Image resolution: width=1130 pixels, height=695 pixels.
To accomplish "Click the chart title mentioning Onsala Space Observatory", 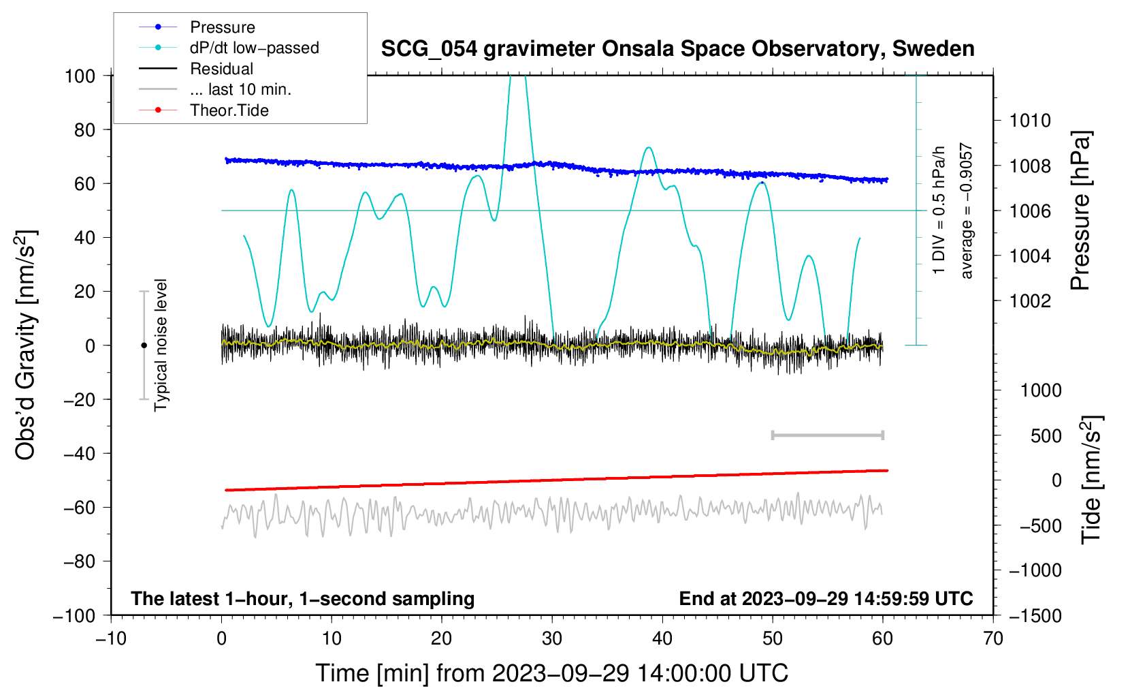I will [x=677, y=49].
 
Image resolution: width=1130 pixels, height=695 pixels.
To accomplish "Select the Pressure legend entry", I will [x=222, y=27].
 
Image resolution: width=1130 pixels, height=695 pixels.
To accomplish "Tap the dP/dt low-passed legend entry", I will [x=254, y=48].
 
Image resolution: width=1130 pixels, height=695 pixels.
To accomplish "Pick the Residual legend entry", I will [x=221, y=69].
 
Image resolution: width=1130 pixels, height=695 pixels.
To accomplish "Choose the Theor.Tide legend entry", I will [x=229, y=110].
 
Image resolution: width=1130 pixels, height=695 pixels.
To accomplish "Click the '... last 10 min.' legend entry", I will [x=240, y=89].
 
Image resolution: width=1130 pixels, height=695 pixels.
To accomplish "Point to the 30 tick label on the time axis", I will [x=552, y=638].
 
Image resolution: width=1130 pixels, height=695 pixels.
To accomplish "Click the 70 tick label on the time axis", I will [x=993, y=638].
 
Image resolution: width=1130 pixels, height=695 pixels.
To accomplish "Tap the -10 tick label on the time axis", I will [x=111, y=638].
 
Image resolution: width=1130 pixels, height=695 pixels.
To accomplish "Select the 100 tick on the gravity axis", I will [x=80, y=76].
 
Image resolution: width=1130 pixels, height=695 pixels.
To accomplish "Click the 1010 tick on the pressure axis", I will [x=1030, y=121].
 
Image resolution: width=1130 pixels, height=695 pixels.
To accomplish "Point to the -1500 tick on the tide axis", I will [x=1035, y=615].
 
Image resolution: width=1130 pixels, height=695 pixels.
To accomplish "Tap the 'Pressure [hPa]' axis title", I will [x=1080, y=211].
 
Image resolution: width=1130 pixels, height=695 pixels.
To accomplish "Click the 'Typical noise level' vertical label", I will [x=161, y=345].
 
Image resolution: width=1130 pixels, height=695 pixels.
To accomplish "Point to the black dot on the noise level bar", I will [x=144, y=345].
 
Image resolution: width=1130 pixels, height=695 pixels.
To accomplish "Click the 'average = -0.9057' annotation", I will [x=966, y=211].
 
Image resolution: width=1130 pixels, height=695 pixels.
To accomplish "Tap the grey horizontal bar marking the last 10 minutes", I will [x=827, y=435].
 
